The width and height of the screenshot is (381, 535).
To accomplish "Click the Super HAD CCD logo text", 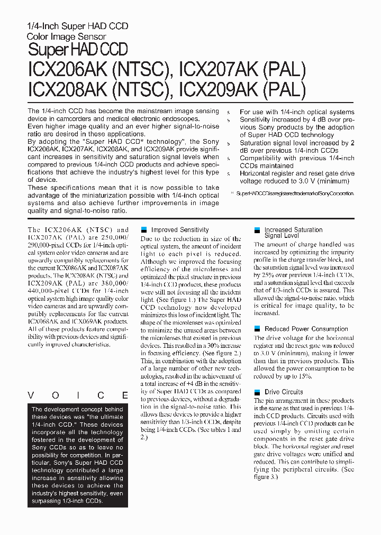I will [x=77, y=50].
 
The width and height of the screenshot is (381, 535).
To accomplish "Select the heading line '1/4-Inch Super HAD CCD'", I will [x=77, y=26].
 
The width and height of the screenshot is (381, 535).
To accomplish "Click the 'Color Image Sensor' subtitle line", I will [x=67, y=37].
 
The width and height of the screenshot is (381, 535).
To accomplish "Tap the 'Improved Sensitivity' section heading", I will [x=180, y=230].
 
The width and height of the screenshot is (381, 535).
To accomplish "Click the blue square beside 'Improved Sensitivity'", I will [x=144, y=230].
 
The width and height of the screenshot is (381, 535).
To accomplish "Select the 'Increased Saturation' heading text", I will [x=293, y=230].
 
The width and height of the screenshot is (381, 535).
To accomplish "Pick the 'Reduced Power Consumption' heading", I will [x=306, y=329].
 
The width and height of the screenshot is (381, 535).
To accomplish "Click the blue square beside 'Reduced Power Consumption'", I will [x=258, y=329].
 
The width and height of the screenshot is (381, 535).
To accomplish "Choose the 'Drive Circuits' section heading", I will [x=284, y=392].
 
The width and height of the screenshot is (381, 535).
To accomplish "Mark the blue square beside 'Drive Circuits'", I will [x=258, y=392].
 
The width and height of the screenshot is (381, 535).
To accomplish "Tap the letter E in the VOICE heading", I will [x=125, y=395].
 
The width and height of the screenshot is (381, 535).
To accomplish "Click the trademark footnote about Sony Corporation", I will [x=295, y=194].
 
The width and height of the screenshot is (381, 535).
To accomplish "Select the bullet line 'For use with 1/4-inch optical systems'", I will [x=296, y=112].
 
